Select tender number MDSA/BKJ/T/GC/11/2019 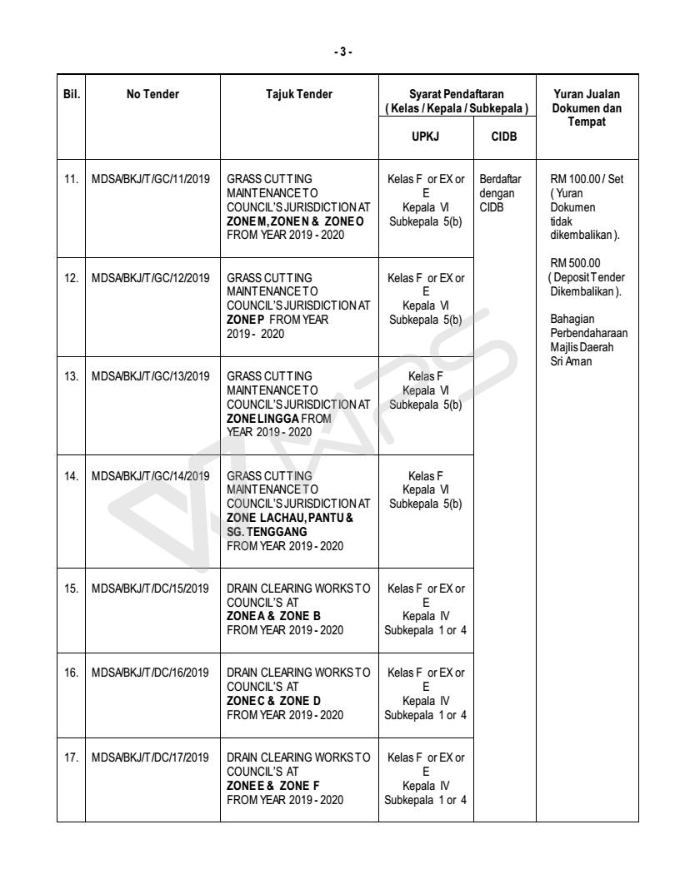[x=152, y=177]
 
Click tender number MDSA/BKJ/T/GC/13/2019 [x=152, y=375]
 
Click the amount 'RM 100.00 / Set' [x=583, y=177]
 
